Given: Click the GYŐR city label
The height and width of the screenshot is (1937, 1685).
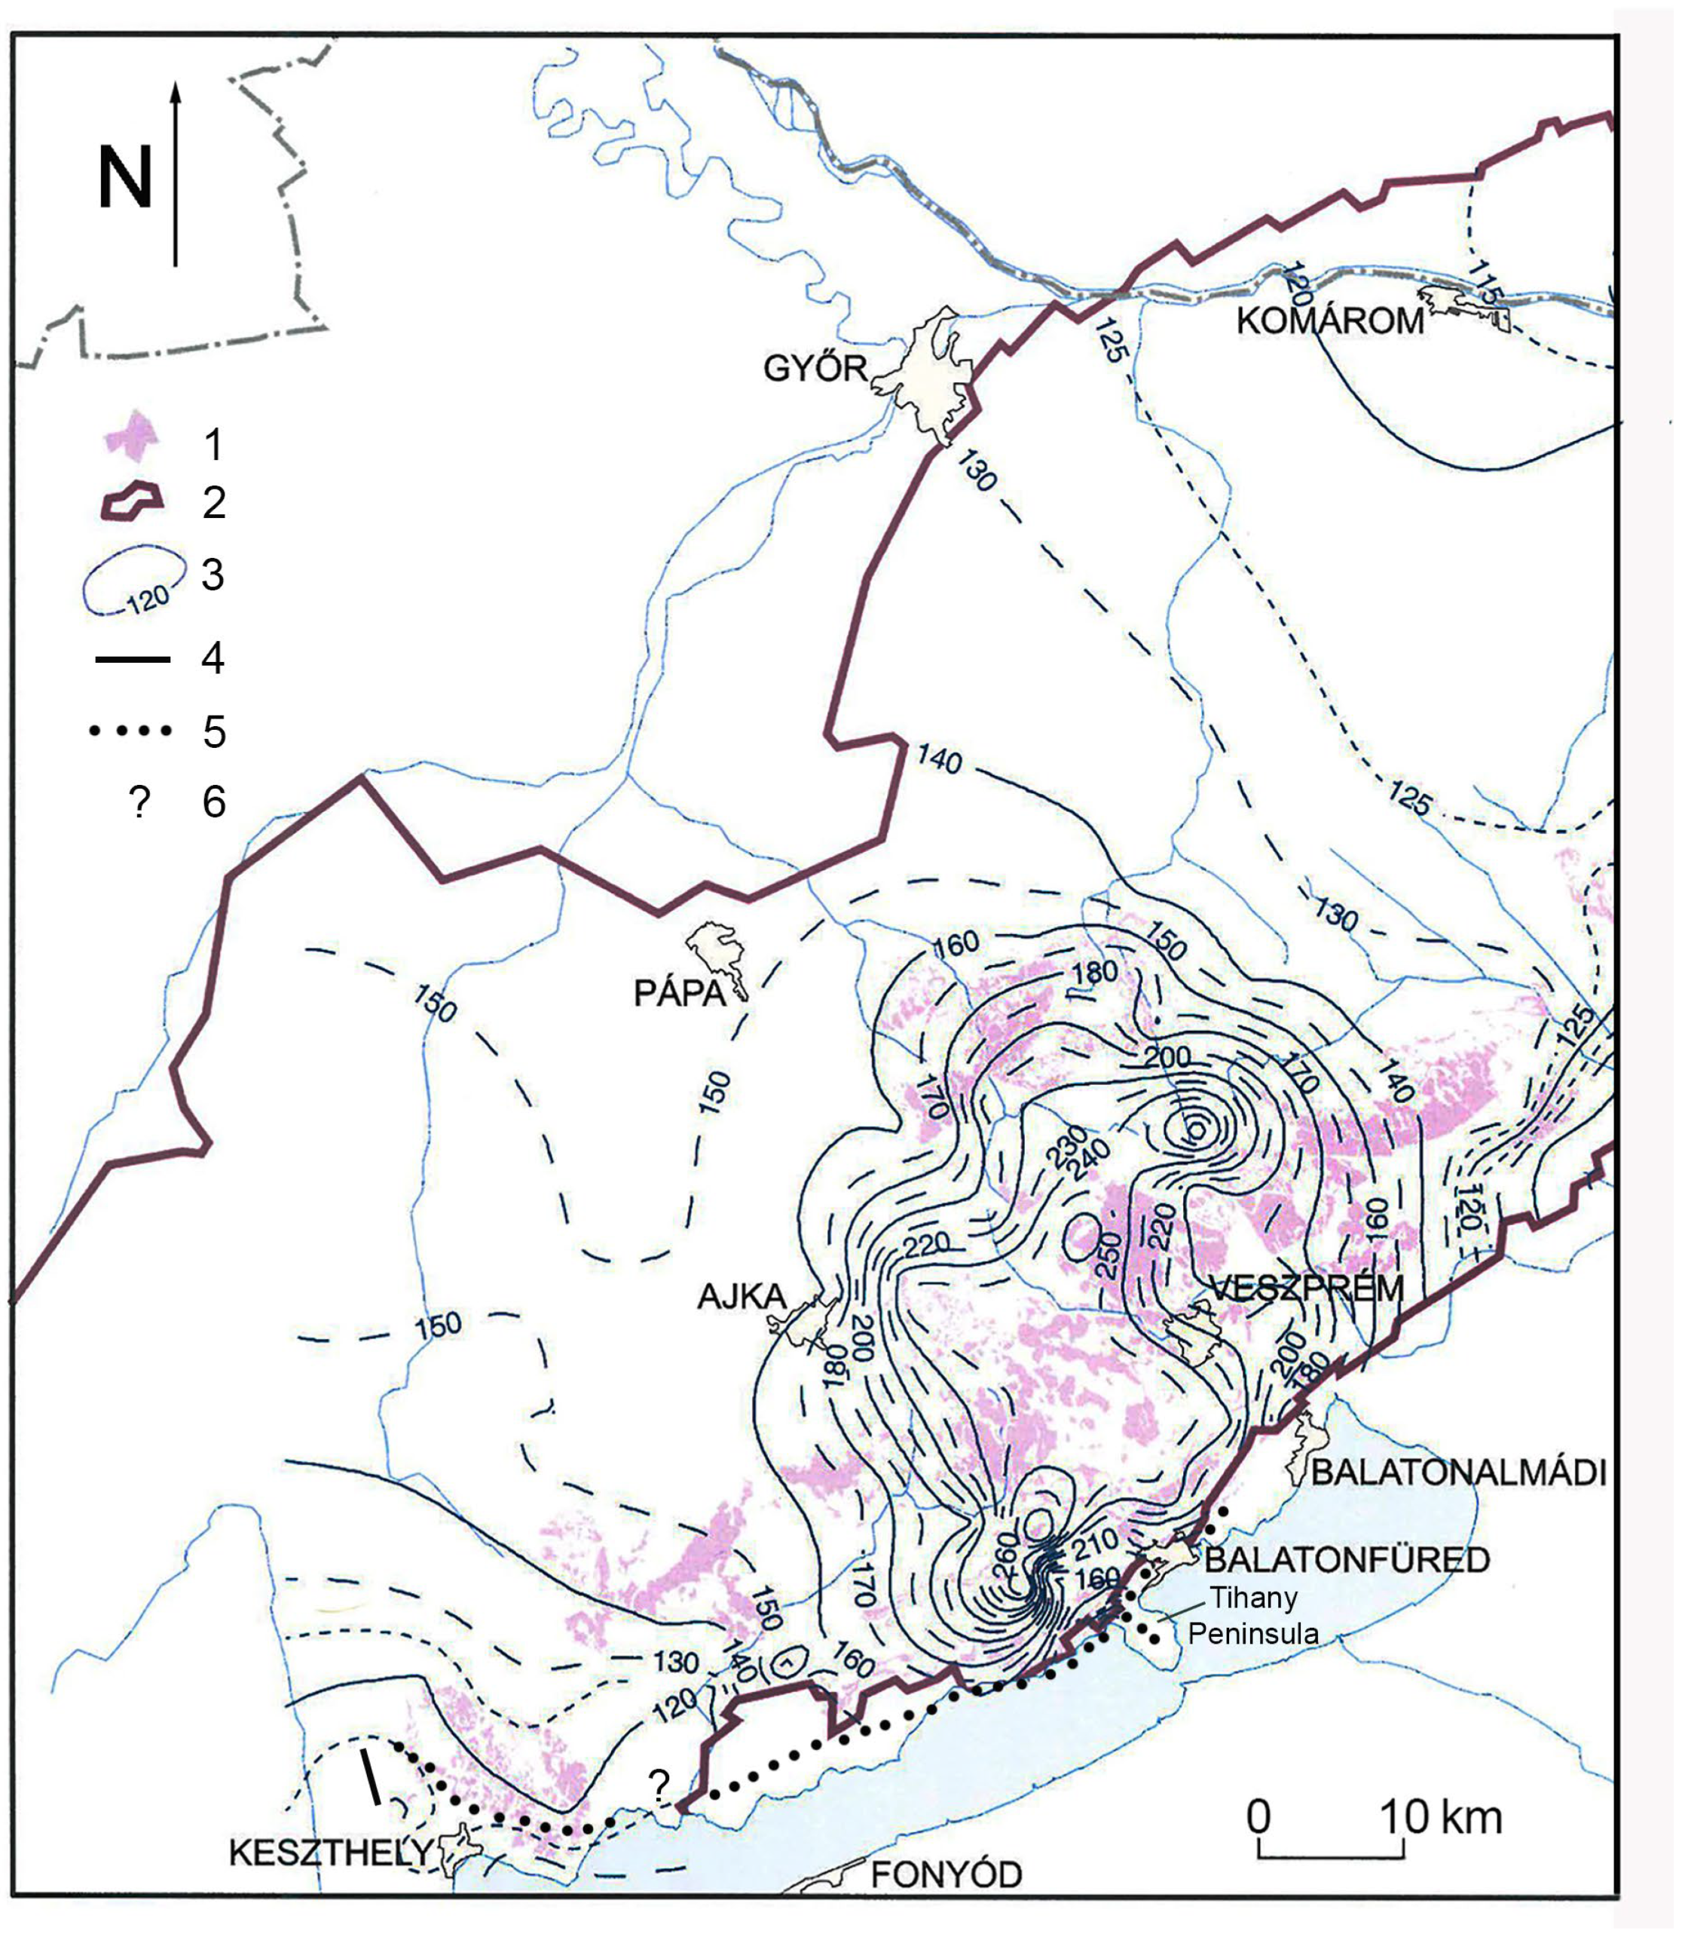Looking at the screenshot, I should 815,368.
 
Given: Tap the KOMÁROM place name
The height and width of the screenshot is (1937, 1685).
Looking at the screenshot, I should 1329,322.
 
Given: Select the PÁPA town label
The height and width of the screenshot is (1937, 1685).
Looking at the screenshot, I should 680,994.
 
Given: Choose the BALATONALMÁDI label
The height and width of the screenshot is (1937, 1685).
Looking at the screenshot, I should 1458,1473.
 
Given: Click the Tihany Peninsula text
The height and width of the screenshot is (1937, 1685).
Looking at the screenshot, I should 1253,1614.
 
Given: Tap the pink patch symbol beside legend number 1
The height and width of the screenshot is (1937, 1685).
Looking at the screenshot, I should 130,438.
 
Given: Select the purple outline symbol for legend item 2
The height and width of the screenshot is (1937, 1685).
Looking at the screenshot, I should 132,501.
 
